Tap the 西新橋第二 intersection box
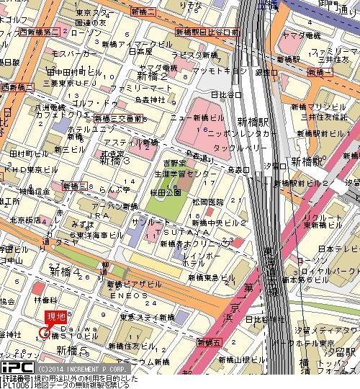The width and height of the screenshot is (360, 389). coord(40,32)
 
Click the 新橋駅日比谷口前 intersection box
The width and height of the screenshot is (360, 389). coord(207,32)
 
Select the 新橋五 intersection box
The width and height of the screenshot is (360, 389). coord(214,341)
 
